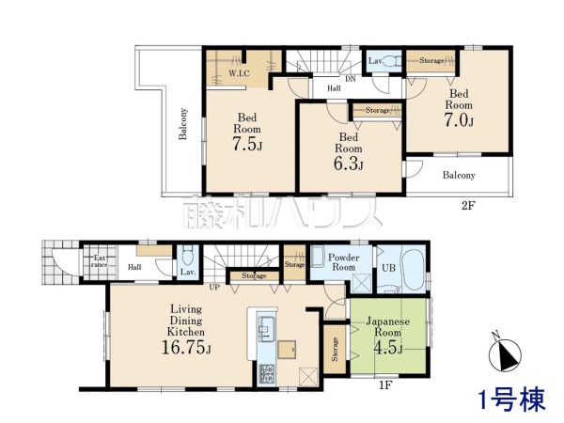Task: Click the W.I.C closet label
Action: click(x=239, y=73)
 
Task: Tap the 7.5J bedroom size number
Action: click(x=247, y=144)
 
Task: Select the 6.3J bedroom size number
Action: click(x=349, y=164)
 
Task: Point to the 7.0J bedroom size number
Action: click(x=459, y=120)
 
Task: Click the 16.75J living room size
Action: click(x=186, y=347)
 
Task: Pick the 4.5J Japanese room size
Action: click(x=388, y=348)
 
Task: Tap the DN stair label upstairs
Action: click(x=351, y=79)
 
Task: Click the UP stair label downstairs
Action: click(x=214, y=287)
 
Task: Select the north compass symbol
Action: click(x=505, y=354)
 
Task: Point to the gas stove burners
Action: click(x=267, y=374)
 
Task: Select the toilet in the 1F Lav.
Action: click(x=188, y=255)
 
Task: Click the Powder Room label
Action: click(x=343, y=262)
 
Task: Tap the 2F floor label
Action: click(x=468, y=206)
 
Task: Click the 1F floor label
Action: click(x=385, y=385)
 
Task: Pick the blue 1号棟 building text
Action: click(x=512, y=399)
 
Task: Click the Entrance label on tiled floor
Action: click(x=100, y=261)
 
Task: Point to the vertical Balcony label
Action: click(x=183, y=124)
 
